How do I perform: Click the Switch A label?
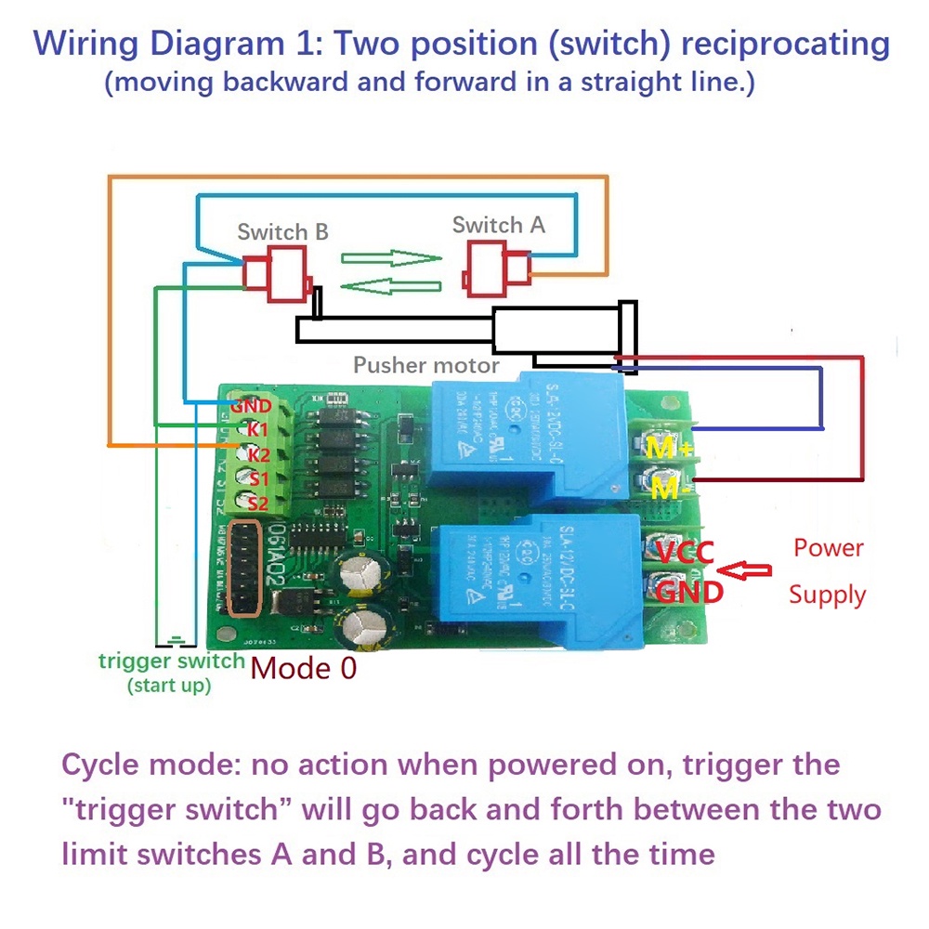tap(498, 225)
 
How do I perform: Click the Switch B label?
tap(282, 231)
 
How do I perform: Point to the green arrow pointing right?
tap(390, 257)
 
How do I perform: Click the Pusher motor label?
tap(425, 365)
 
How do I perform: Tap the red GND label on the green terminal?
tap(251, 406)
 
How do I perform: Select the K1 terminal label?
tap(257, 430)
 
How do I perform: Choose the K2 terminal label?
tap(257, 454)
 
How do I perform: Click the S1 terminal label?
tap(257, 478)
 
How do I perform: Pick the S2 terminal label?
tap(257, 503)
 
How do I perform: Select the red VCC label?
tap(685, 554)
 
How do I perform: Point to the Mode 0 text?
tap(304, 668)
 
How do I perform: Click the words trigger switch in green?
tap(172, 661)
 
